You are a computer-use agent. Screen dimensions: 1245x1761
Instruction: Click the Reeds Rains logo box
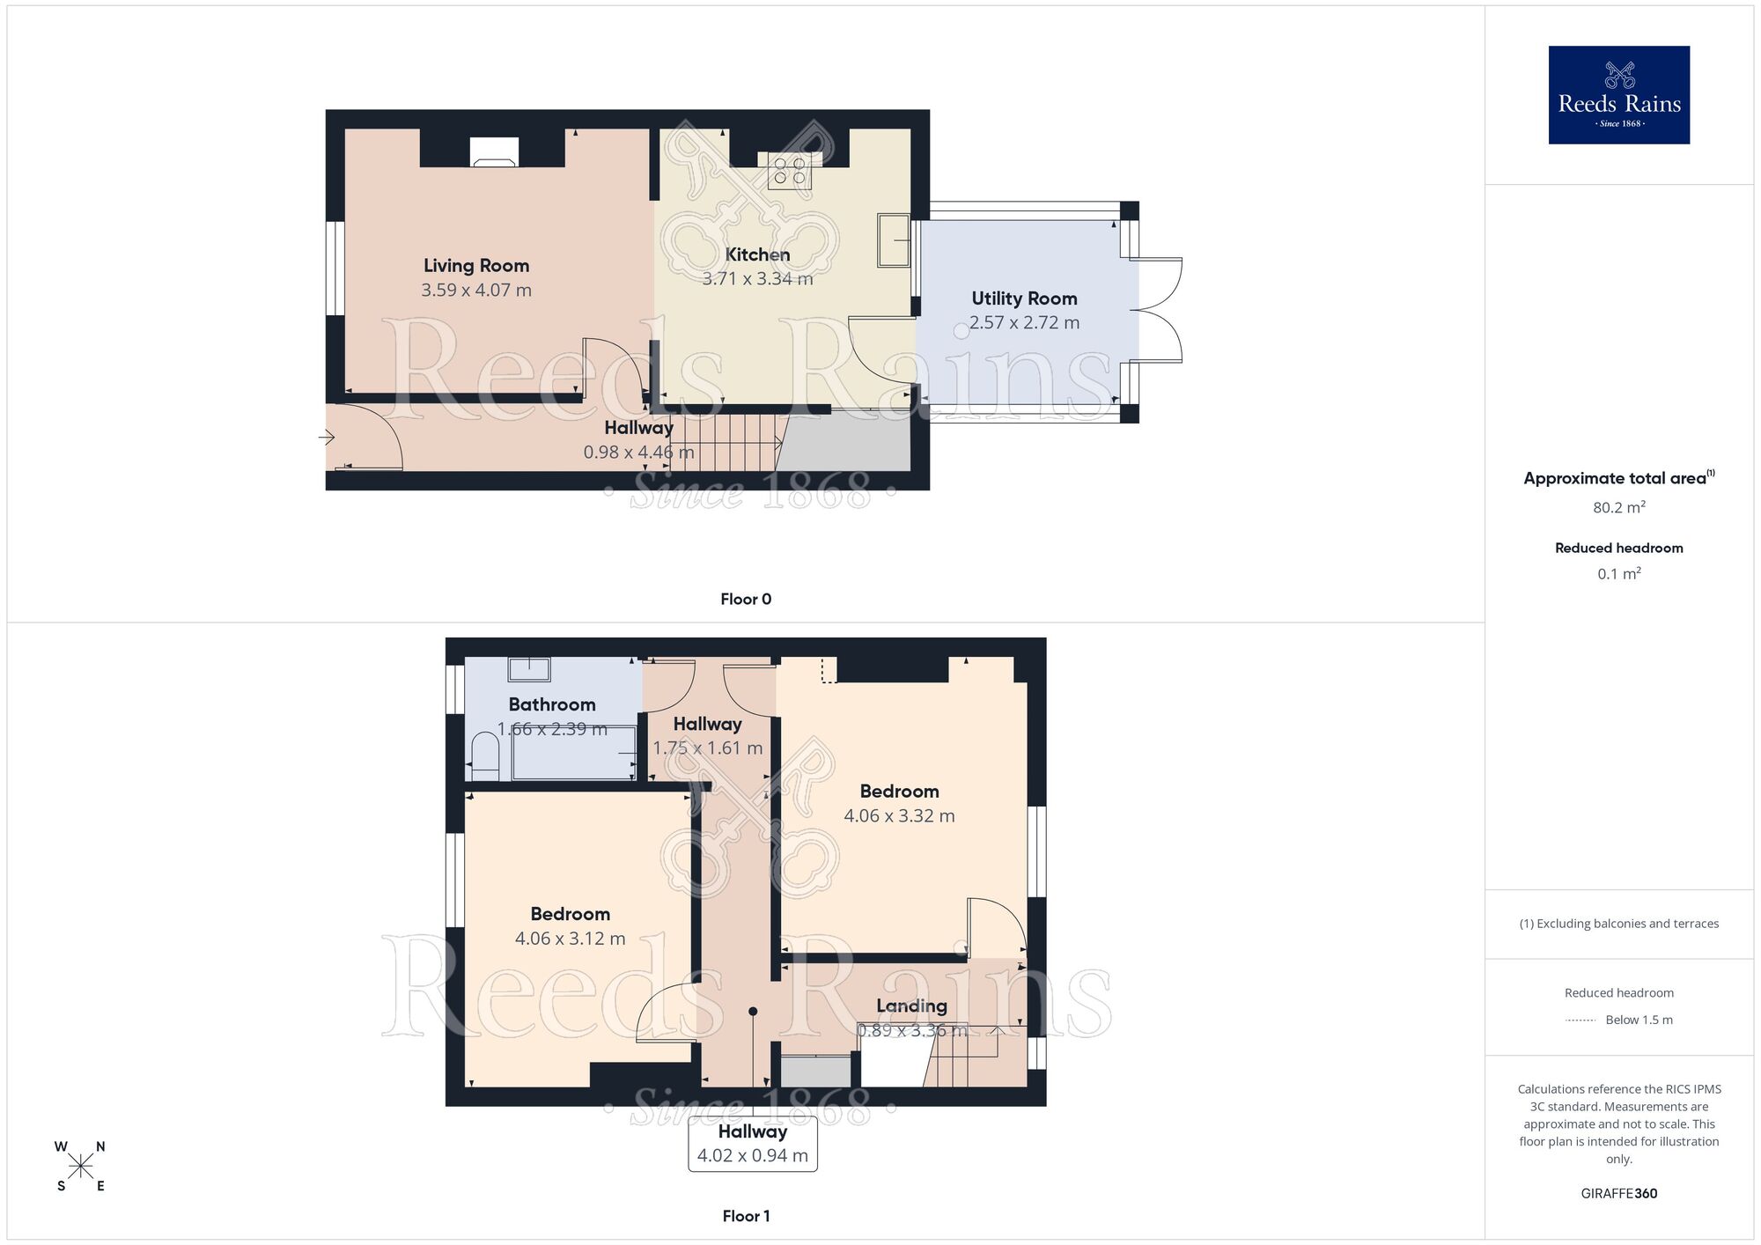pos(1618,95)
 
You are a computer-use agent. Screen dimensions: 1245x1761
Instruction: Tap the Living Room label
pos(476,265)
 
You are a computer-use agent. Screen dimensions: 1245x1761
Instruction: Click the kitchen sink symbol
pos(893,239)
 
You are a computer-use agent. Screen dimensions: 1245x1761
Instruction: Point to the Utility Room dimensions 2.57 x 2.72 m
pos(1024,323)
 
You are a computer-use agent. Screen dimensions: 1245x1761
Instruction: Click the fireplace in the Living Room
pos(493,152)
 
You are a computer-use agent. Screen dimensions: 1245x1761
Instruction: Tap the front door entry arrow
pos(327,437)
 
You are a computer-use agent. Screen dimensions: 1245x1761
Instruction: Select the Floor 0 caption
pos(746,600)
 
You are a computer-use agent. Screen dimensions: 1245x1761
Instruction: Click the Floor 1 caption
pos(746,1216)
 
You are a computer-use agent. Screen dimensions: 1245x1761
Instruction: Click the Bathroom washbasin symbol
pos(529,669)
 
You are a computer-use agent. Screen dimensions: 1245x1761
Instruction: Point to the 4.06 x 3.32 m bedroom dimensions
pos(899,816)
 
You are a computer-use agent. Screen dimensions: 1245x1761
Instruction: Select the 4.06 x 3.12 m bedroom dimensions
pos(570,939)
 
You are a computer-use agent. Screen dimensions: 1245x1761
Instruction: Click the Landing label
pos(911,1006)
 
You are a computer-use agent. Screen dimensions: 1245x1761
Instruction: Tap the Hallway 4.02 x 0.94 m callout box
pos(753,1144)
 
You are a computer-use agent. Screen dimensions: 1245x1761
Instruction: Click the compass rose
pos(80,1167)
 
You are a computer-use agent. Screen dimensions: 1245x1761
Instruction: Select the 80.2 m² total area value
pos(1618,507)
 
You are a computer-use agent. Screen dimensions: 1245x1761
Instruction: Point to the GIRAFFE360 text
pos(1618,1194)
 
